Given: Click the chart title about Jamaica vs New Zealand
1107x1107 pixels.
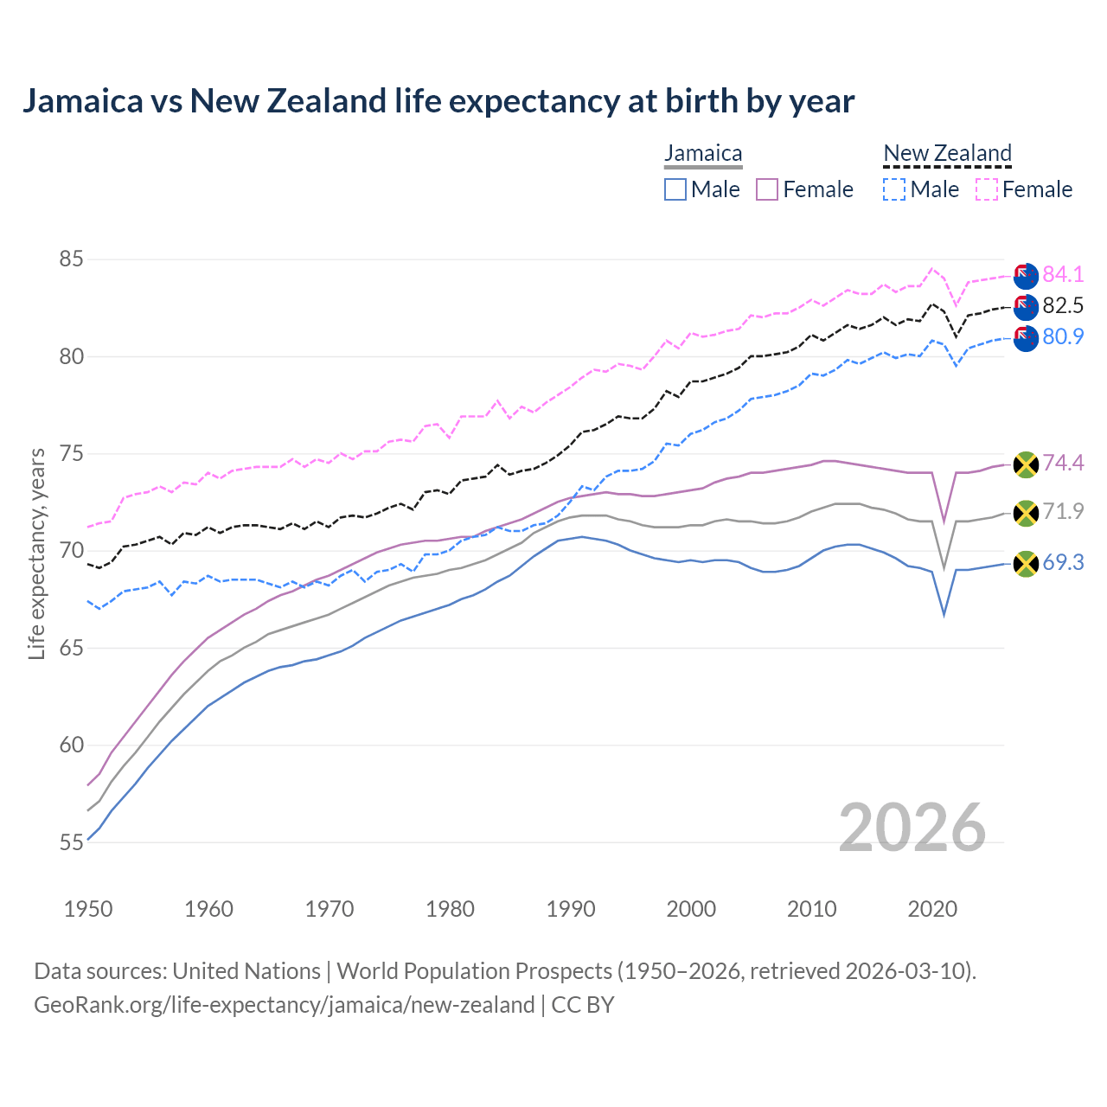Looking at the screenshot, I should (x=438, y=101).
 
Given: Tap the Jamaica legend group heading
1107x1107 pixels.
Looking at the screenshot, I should (x=703, y=154).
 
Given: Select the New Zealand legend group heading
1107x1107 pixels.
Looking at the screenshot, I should (x=947, y=154).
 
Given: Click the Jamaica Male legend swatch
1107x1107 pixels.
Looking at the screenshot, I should (x=675, y=189).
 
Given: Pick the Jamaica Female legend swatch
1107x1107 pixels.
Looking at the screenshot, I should (x=767, y=189).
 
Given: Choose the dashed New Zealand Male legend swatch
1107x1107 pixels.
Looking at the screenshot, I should (x=894, y=189).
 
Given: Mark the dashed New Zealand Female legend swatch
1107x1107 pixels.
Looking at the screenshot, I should (x=987, y=189).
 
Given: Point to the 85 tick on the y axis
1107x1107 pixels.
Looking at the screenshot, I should (x=72, y=259).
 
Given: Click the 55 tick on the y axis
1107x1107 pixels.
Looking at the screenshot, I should (x=72, y=842).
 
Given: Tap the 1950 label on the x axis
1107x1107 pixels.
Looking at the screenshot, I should (x=88, y=909).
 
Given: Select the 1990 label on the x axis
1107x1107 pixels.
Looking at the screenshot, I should (x=571, y=909).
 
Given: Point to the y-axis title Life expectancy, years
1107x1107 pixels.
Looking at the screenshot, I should (x=36, y=553).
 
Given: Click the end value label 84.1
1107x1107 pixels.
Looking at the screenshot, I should (x=1063, y=274).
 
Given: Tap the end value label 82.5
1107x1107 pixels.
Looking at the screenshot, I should (x=1063, y=305).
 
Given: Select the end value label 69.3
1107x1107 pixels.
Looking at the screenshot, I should (x=1063, y=563).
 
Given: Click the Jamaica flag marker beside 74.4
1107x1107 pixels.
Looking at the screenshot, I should (x=1026, y=464).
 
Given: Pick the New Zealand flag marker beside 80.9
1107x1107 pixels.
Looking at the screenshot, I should (x=1026, y=338).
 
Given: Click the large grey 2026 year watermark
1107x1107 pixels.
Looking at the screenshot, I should (x=912, y=828).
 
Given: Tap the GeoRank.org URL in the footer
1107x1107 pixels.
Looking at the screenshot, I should (x=284, y=1005).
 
